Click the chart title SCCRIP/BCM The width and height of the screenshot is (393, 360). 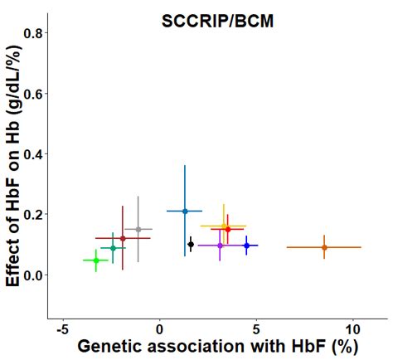[217, 22]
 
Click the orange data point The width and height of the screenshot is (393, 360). [324, 247]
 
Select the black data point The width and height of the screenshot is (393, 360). [191, 244]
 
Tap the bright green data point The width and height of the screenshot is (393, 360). [96, 260]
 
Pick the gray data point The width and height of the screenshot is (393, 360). [138, 229]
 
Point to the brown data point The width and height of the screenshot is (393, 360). [123, 239]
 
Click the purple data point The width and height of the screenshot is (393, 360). [220, 246]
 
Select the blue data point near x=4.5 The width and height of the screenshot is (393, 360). [246, 246]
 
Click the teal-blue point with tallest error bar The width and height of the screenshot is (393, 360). [185, 211]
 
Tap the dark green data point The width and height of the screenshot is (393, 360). [113, 248]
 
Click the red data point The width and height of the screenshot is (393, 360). [228, 229]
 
